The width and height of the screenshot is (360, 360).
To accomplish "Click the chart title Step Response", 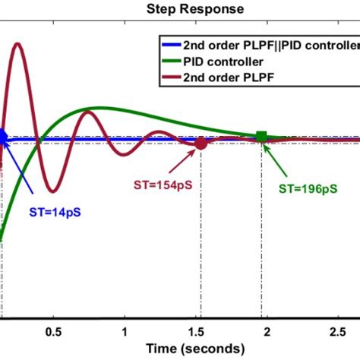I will point(194,9).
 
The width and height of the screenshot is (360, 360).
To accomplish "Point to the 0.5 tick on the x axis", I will point(53,332).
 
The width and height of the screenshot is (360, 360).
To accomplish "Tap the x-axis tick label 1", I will point(124,332).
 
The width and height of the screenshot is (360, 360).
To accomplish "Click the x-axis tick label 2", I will point(266,332).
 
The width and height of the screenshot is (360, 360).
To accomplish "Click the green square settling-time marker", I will point(261,137).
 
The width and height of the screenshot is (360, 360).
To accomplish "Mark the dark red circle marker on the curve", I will point(201,143).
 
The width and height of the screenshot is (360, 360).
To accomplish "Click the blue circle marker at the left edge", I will point(2,137).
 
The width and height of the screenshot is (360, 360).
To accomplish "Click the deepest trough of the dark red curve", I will point(50,191).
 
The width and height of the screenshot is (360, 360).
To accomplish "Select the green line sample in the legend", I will point(171,61).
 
